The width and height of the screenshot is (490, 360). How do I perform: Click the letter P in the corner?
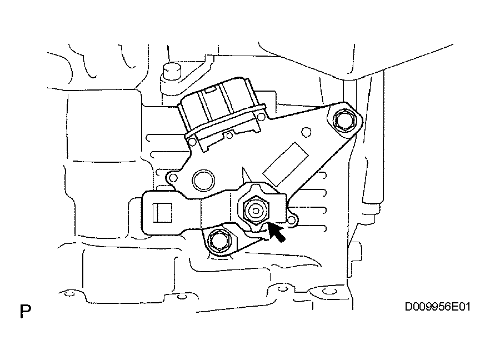[26, 311]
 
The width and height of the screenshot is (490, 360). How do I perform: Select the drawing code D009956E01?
[438, 307]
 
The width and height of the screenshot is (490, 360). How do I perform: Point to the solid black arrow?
[276, 232]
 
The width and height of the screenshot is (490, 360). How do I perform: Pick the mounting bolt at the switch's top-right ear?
[344, 121]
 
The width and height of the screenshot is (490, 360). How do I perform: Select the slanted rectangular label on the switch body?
[286, 164]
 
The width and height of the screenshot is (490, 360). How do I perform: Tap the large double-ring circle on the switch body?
[203, 181]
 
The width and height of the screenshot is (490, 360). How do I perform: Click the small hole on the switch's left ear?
[173, 178]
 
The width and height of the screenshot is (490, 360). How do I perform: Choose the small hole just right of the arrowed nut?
[291, 221]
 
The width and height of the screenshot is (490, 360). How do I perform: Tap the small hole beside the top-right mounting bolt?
[307, 132]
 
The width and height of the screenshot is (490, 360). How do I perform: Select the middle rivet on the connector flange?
[229, 136]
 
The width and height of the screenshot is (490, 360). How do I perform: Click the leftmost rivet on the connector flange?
[192, 142]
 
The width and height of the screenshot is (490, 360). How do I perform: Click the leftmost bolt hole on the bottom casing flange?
[69, 293]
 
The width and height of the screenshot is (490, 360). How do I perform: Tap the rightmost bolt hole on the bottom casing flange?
[327, 292]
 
